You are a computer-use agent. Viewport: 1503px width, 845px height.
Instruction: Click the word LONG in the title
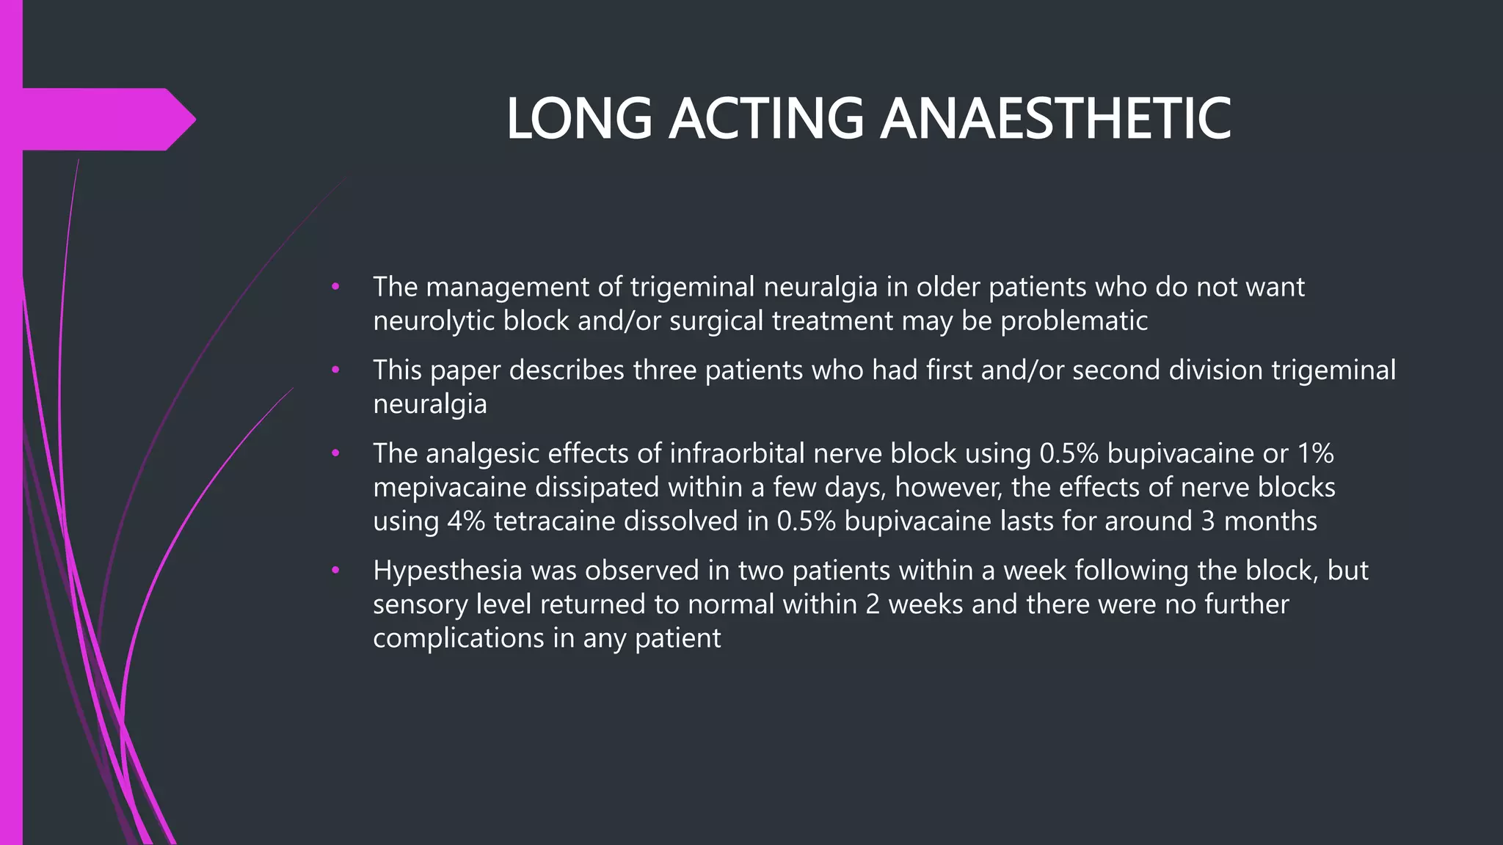tap(579, 119)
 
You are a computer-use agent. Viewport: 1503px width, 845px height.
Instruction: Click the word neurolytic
tap(434, 321)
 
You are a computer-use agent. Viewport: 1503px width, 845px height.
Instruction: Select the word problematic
tap(1074, 321)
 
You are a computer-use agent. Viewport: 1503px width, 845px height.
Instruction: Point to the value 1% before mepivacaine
tap(1315, 453)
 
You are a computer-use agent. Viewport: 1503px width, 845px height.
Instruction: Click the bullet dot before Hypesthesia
tap(335, 570)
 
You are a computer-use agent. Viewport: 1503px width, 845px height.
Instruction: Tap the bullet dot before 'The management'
tap(335, 287)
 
